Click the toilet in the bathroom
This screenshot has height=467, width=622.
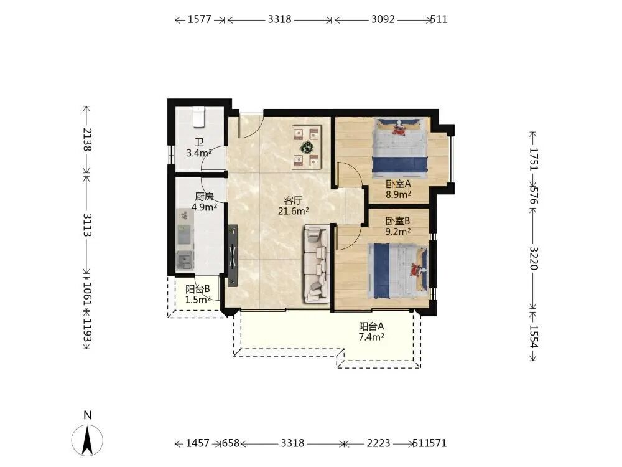tap(199, 117)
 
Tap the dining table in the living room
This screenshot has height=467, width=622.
tap(307, 148)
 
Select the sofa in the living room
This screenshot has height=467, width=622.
tap(317, 263)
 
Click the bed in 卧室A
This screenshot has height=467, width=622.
tap(400, 146)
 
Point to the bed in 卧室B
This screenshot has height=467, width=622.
tap(398, 271)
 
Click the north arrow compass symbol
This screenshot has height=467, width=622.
tap(87, 440)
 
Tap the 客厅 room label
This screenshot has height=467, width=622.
tap(293, 200)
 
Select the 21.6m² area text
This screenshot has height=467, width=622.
tap(294, 211)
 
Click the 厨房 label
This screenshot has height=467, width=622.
tap(204, 197)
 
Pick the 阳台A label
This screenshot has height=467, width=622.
tap(371, 326)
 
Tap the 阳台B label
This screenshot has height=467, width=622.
tap(198, 289)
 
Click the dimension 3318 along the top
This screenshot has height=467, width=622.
tap(280, 19)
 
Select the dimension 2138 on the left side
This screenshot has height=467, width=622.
tap(87, 139)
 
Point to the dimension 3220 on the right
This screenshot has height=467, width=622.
tap(534, 258)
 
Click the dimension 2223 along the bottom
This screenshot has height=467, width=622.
tap(378, 443)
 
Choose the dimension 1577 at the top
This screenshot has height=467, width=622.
tap(200, 19)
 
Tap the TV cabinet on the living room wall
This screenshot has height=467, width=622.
tap(233, 256)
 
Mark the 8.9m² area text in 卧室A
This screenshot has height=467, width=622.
tap(398, 194)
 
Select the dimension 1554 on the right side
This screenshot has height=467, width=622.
tap(534, 337)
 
